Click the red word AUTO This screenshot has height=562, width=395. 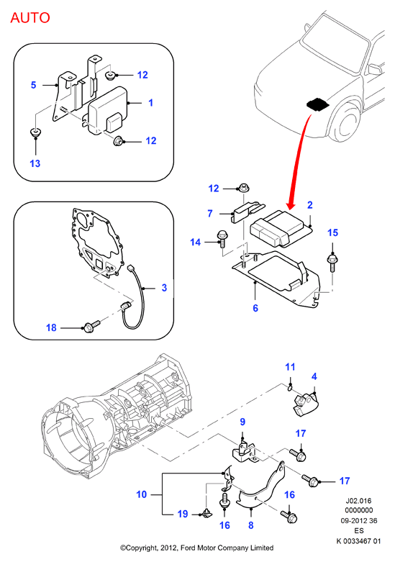tap(30, 17)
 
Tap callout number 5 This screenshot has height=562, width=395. tap(33, 85)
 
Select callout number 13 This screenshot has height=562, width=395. tap(35, 163)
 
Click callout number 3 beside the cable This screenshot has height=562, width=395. tap(164, 288)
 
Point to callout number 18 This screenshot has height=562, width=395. tap(51, 327)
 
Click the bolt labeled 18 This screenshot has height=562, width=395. tap(92, 326)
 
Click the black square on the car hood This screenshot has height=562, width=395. tap(317, 104)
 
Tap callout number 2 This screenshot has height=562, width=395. tap(310, 205)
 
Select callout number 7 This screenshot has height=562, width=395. tap(210, 214)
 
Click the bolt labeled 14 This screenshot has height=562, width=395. tap(221, 239)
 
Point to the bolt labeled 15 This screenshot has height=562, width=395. tap(332, 263)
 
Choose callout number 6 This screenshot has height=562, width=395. tap(255, 308)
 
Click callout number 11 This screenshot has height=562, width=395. tap(290, 367)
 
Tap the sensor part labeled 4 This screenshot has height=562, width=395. tap(306, 404)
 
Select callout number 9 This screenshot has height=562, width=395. tap(242, 422)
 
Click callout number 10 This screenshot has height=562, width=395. tap(142, 494)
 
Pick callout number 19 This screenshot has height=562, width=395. tap(183, 514)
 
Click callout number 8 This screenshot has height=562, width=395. tap(251, 525)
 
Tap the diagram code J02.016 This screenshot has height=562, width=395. tap(358, 501)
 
